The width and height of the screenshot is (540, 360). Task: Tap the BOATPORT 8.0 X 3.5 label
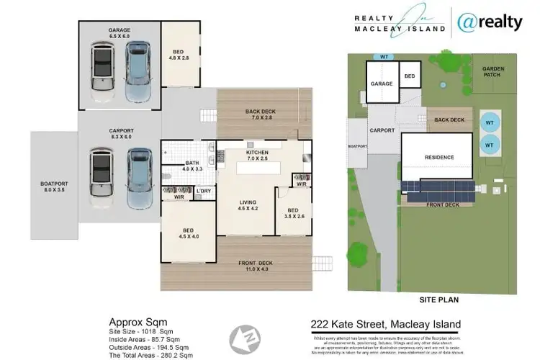(53, 188)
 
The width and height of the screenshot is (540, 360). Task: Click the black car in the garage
(102, 72)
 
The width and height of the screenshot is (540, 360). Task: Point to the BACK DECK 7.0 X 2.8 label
(260, 115)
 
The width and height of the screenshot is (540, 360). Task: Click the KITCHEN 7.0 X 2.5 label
(257, 156)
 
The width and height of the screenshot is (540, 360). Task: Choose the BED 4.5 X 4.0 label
(189, 234)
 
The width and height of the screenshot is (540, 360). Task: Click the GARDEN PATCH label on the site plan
(494, 71)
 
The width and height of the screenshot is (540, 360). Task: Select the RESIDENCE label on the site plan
(438, 157)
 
